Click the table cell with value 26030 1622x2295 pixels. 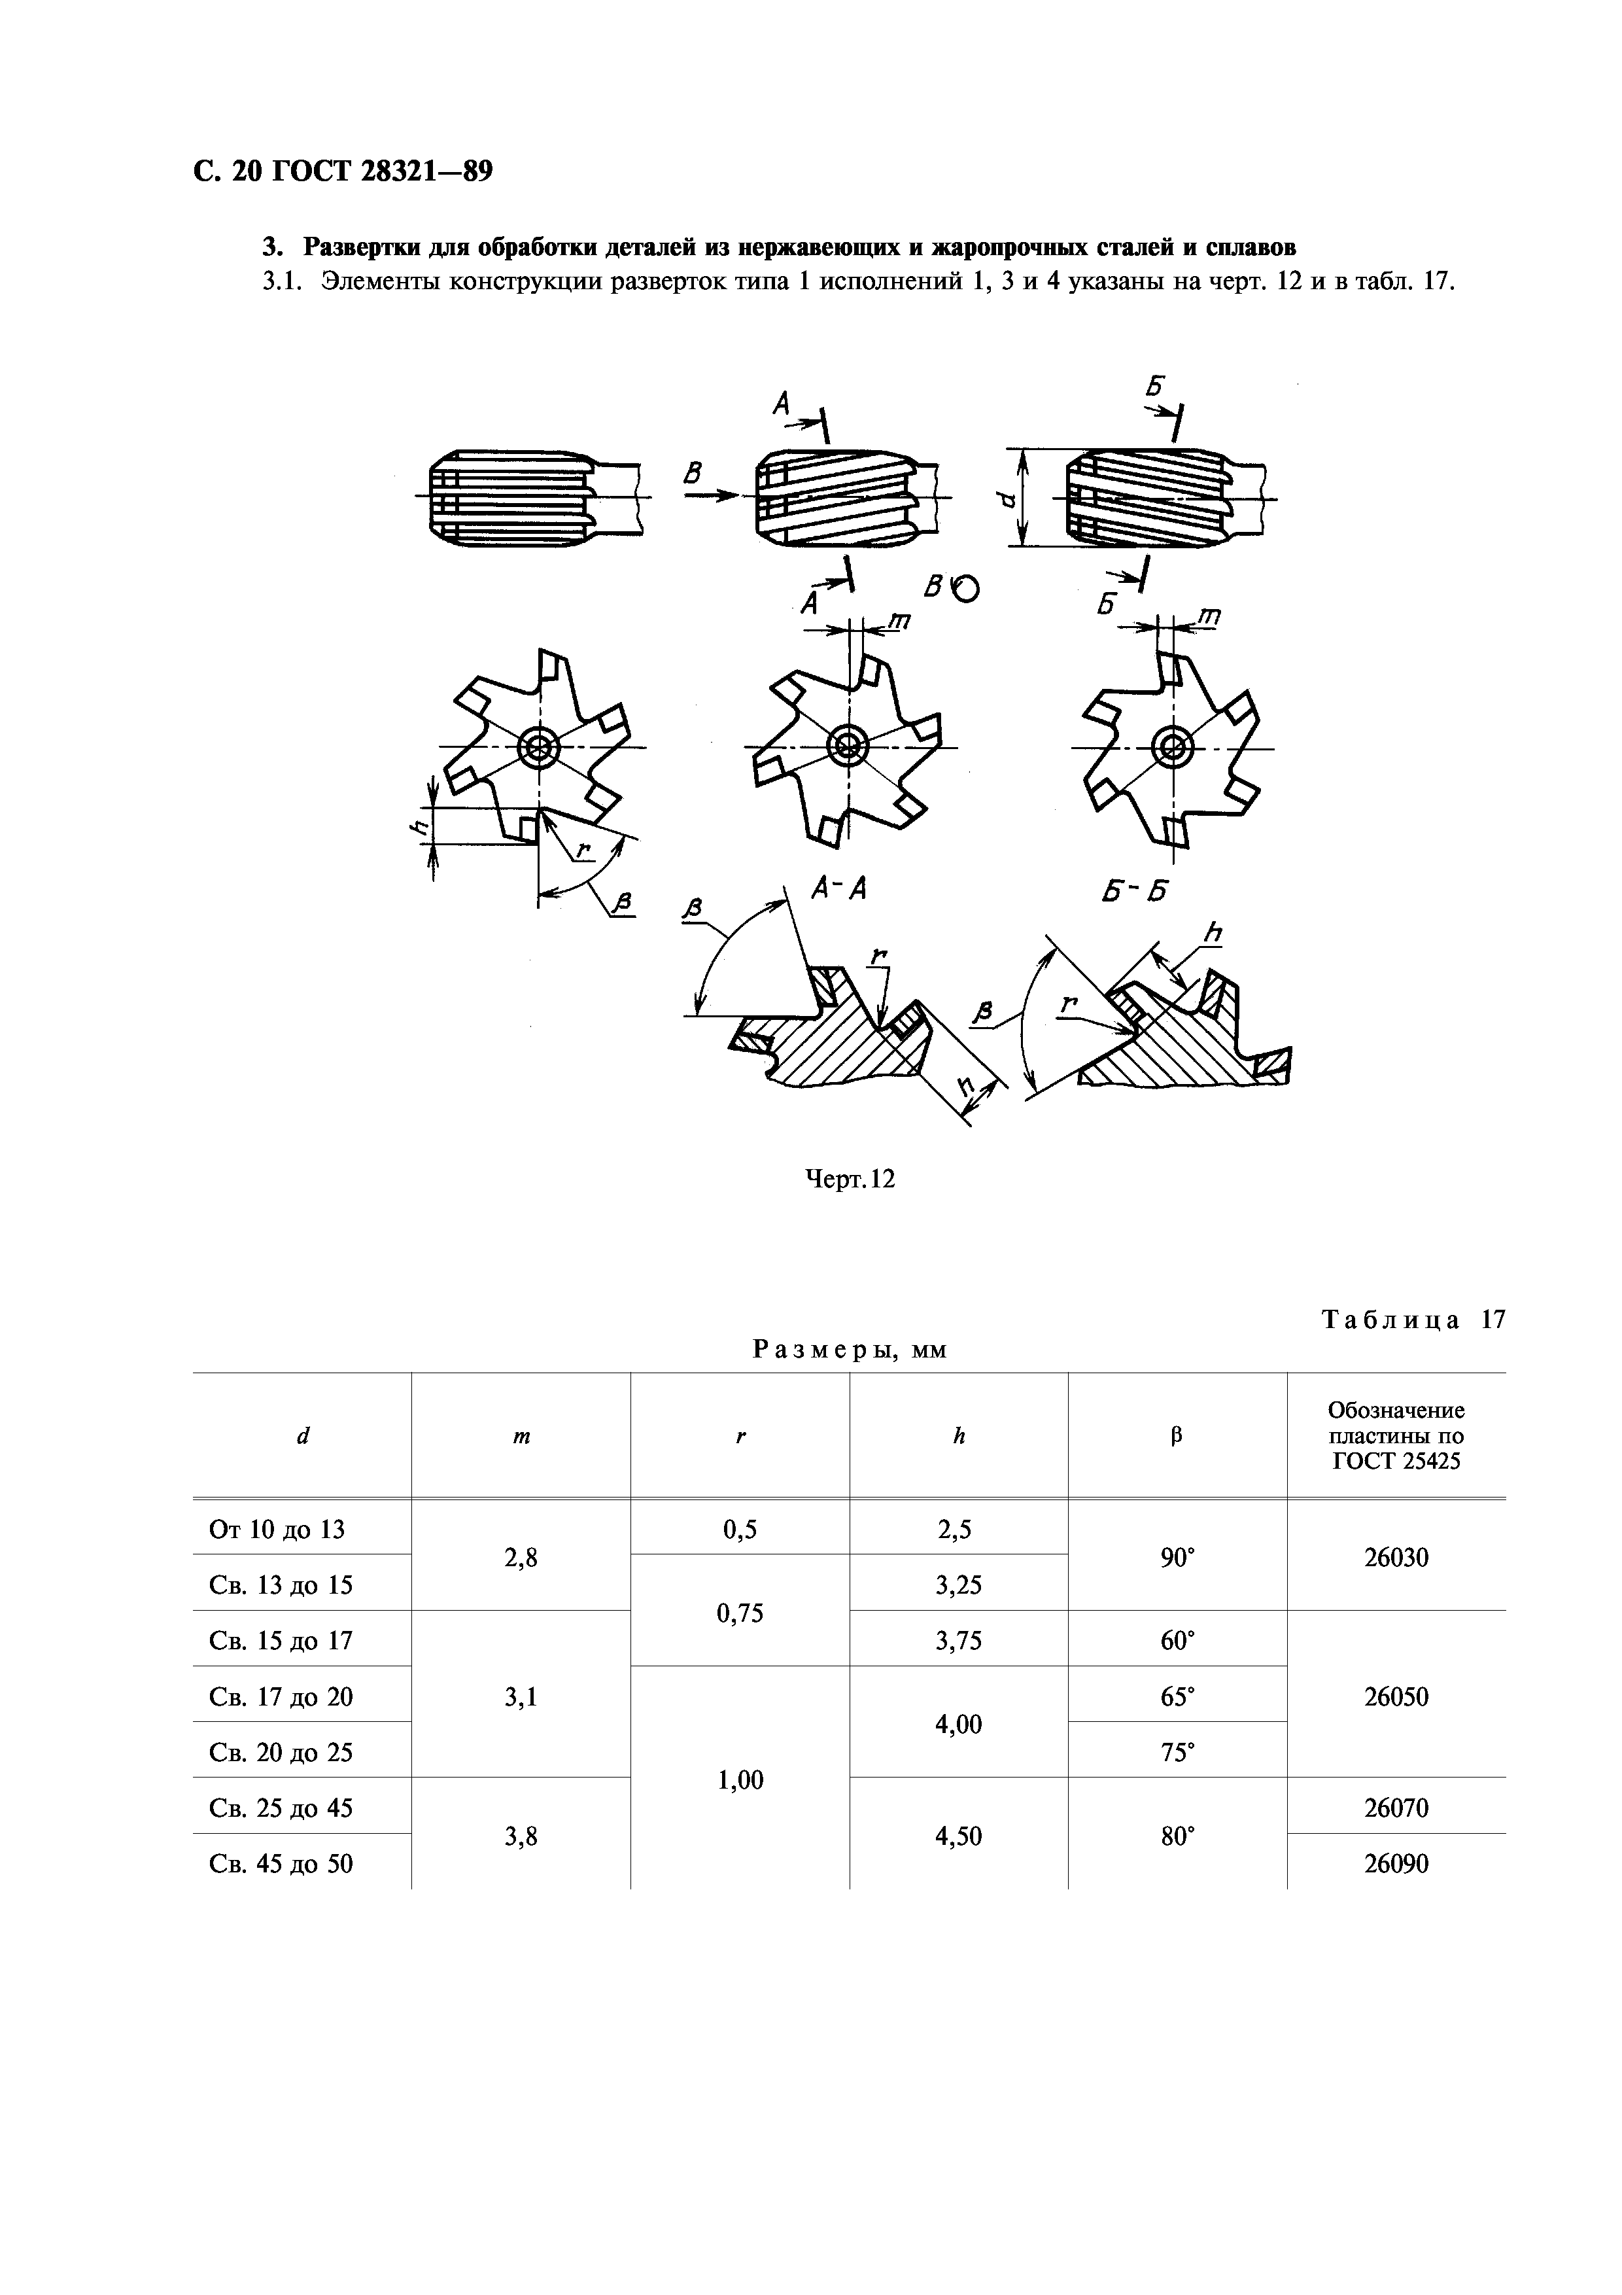[1396, 1557]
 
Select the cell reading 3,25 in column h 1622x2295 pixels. [958, 1585]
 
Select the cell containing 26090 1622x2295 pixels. [1396, 1864]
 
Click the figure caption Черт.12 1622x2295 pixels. [850, 1180]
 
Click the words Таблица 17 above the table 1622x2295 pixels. [1413, 1320]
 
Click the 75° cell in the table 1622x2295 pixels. [1177, 1752]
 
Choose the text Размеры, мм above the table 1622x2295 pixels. [850, 1350]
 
